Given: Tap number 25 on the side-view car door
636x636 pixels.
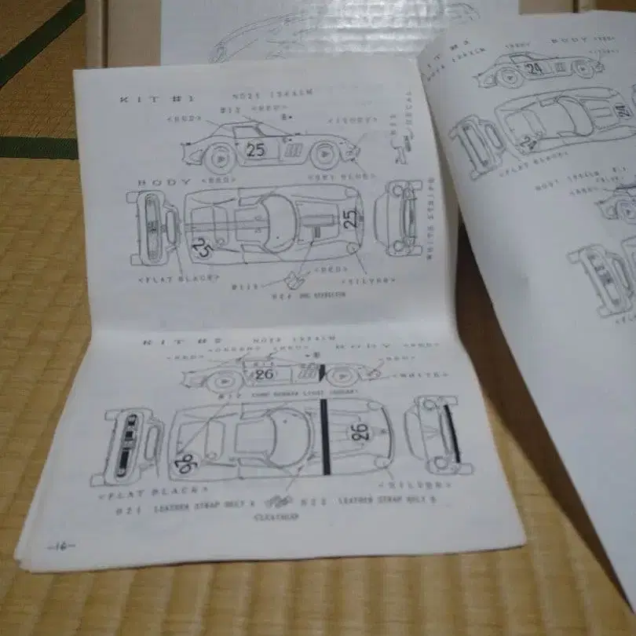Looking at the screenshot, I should pos(256,150).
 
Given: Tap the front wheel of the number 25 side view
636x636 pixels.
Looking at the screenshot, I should pos(324,155).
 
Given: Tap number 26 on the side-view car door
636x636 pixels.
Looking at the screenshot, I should pos(263,374).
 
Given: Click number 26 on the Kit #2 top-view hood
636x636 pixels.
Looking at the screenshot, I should pos(360,431).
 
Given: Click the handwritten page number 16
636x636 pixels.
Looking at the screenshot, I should pos(59,546).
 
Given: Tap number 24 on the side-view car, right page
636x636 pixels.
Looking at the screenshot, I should pos(534,68).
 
